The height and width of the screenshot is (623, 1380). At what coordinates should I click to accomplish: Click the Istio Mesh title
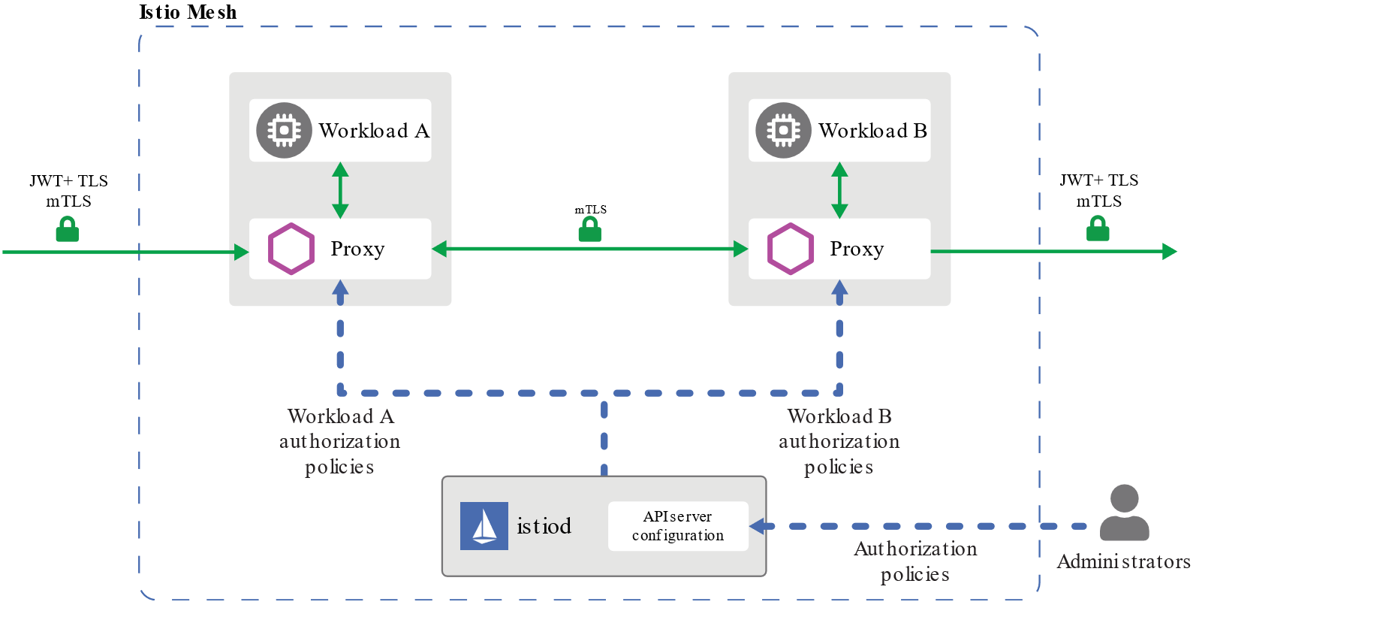tap(188, 12)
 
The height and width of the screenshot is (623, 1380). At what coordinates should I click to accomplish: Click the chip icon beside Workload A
tap(284, 131)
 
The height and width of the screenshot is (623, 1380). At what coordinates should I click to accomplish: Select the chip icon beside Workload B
tap(783, 131)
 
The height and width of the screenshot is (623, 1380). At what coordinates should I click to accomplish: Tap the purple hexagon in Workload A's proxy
tap(291, 249)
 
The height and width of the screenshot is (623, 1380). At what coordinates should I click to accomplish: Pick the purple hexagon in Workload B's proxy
tap(790, 249)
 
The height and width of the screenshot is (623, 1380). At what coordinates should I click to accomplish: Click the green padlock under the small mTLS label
tap(590, 230)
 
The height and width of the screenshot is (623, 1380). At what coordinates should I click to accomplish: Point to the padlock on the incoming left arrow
tap(68, 230)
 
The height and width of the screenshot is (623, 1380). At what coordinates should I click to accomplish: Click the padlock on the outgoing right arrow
tap(1098, 229)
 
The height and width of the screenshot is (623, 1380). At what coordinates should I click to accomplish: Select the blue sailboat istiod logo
tap(484, 526)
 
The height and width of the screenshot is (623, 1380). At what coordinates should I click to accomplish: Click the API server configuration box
tap(678, 526)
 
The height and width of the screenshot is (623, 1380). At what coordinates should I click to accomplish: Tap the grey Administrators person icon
tap(1124, 513)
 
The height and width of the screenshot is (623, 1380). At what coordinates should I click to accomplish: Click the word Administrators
tap(1123, 561)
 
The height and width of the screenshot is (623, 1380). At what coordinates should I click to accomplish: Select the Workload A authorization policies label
tap(340, 441)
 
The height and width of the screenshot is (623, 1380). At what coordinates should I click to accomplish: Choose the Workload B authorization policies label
tap(839, 441)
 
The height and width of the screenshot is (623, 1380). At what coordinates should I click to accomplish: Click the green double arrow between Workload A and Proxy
tap(340, 190)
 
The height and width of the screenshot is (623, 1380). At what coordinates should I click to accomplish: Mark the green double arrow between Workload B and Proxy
tap(839, 190)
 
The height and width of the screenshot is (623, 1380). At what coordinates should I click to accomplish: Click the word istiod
tap(544, 526)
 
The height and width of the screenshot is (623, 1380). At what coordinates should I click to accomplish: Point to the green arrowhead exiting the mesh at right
tap(1169, 252)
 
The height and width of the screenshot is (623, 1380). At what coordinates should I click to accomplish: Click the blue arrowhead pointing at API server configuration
tap(758, 526)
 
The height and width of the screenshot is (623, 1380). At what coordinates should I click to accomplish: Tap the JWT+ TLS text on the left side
tap(68, 181)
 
